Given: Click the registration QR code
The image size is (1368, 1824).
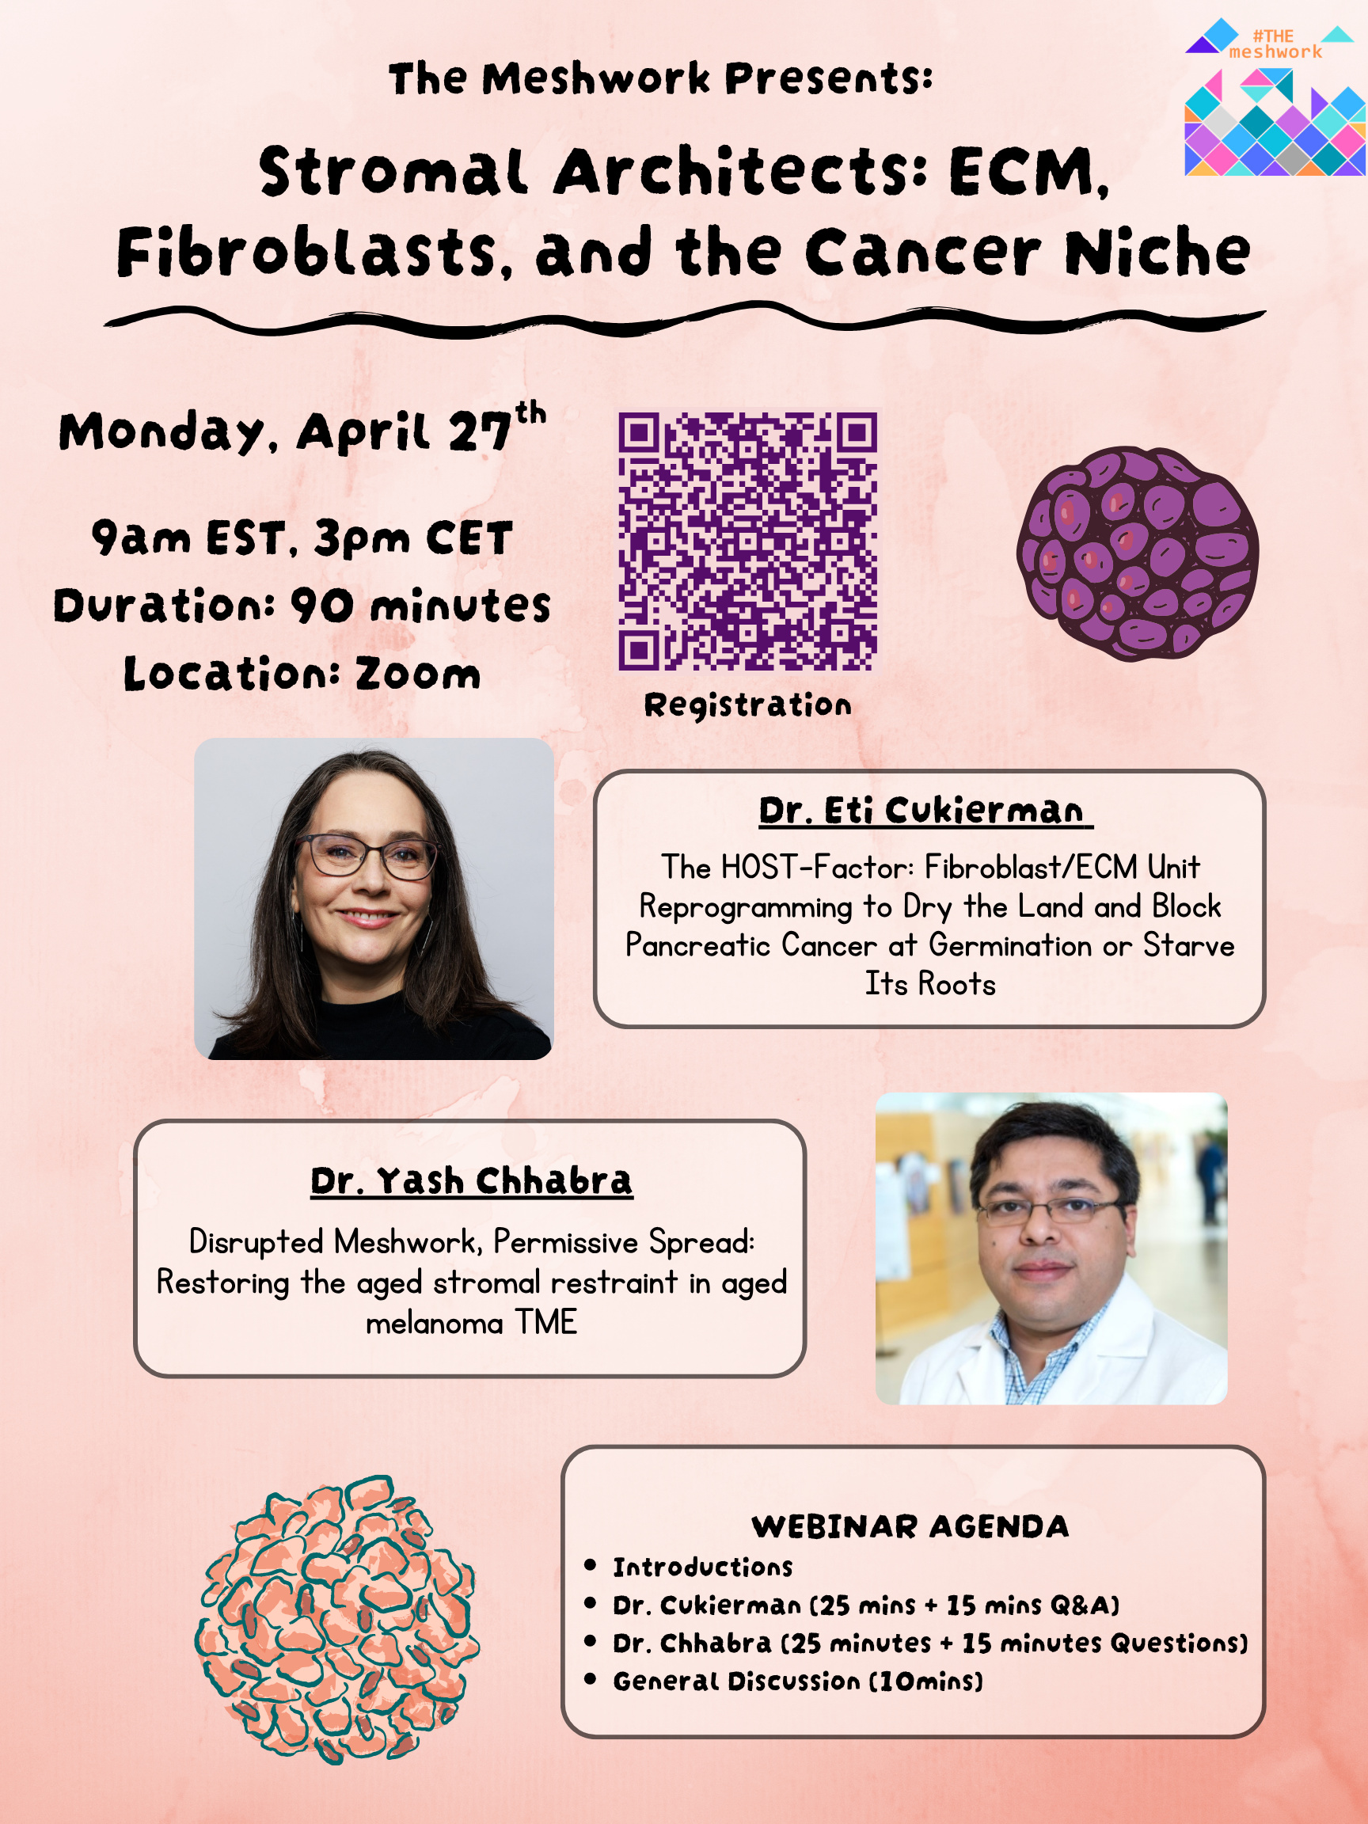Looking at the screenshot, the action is click(748, 541).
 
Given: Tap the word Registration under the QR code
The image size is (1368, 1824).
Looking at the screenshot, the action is click(748, 705).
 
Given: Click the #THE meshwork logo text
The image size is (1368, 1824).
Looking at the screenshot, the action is click(1275, 44).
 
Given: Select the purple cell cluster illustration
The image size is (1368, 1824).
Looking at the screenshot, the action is click(1138, 553).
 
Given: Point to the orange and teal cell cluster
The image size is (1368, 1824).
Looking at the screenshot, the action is click(336, 1620).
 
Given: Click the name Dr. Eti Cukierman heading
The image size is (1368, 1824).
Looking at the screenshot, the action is click(925, 811).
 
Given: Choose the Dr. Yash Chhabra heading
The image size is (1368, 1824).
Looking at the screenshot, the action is click(472, 1181).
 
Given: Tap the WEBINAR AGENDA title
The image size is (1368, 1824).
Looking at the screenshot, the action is click(910, 1526).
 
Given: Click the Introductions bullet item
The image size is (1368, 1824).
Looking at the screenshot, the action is click(702, 1567).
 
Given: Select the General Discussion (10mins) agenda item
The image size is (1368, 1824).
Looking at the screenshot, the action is click(798, 1681).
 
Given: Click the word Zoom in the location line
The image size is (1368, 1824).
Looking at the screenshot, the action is click(418, 674).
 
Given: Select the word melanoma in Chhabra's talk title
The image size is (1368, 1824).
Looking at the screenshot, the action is click(435, 1323).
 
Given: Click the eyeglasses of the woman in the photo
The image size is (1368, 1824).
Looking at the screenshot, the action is click(368, 856).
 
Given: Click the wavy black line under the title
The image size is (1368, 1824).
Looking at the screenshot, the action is click(685, 321).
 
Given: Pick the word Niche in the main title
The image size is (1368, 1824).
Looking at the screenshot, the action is click(1157, 252).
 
